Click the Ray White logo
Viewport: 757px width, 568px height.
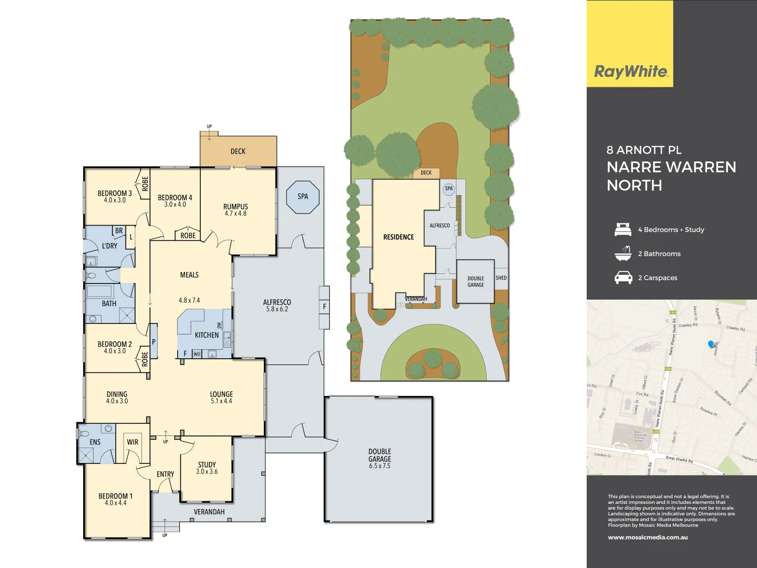coord(630,72)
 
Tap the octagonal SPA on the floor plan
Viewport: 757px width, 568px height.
coord(303,197)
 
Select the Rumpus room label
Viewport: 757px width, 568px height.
coord(236,209)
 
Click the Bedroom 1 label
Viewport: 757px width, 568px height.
coord(116,499)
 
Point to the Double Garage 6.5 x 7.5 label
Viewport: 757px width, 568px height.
coord(380,459)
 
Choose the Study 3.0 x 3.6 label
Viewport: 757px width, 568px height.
coord(207,468)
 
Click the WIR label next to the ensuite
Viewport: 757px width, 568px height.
coord(132,442)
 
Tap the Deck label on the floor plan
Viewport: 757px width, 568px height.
coord(238,151)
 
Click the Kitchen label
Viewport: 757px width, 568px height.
coord(207,335)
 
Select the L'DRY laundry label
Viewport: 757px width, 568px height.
coord(110,246)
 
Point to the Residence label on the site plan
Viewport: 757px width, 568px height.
coord(398,237)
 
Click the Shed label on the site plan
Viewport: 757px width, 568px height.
coord(501,278)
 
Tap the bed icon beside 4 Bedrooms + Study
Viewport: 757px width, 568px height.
coord(623,230)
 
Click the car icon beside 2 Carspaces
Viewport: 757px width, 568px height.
coord(623,278)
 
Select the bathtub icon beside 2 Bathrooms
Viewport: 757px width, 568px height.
coord(623,253)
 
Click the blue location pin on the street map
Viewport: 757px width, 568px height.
coord(711,344)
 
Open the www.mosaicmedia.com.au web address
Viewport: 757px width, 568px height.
coord(648,537)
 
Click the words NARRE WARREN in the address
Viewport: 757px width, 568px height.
coord(671,167)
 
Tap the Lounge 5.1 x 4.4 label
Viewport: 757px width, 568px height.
coord(221,397)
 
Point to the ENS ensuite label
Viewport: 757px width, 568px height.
coord(95,442)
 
